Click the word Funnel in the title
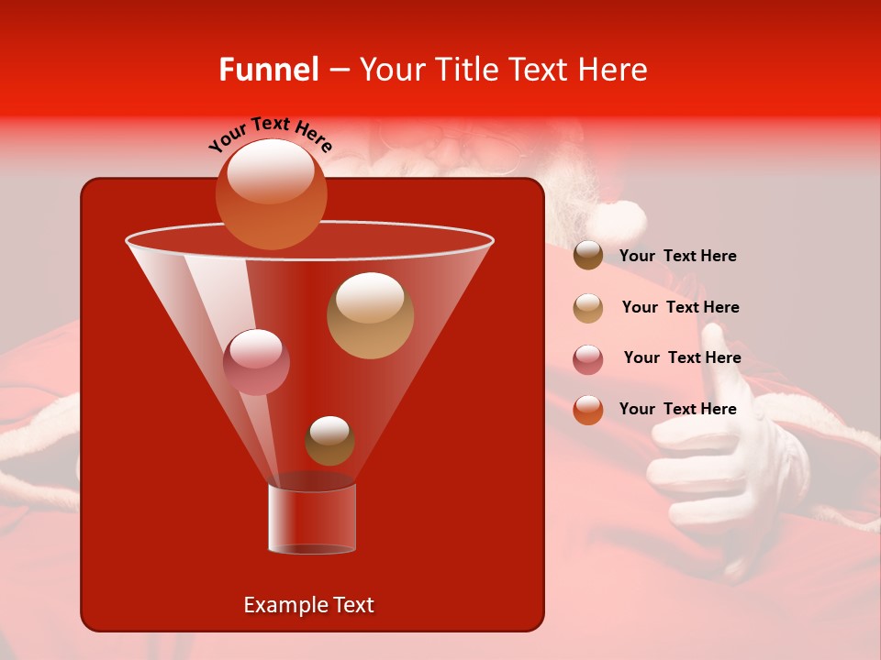click(268, 70)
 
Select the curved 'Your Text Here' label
click(270, 134)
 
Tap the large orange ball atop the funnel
click(272, 193)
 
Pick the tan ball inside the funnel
click(370, 315)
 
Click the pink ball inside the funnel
click(256, 361)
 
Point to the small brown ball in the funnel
click(329, 440)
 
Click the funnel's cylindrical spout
click(312, 517)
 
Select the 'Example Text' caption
click(308, 605)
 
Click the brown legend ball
click(588, 255)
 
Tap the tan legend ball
click(588, 307)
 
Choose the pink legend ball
click(588, 358)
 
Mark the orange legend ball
click(588, 410)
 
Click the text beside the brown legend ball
click(677, 256)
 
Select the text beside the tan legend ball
click(680, 307)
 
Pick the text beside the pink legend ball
click(682, 357)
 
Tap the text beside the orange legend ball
click(677, 409)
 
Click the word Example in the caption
click(283, 605)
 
